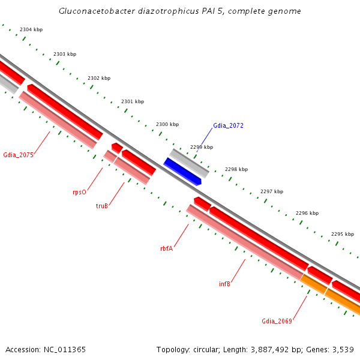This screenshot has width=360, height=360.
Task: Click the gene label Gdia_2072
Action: (x=228, y=126)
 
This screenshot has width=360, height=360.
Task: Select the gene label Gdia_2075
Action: (x=18, y=155)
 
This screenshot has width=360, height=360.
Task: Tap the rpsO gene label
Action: (x=79, y=192)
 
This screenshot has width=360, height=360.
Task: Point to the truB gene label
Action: (x=102, y=206)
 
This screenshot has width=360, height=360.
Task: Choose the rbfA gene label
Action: (x=166, y=248)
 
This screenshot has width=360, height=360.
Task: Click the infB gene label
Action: (x=224, y=284)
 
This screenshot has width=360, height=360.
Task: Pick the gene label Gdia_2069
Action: (x=277, y=321)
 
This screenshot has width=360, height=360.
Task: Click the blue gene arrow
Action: (x=182, y=172)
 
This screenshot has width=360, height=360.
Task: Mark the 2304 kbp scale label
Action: (x=31, y=29)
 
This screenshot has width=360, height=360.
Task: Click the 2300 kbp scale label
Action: (x=167, y=124)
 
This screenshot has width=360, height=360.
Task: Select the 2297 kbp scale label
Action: (x=272, y=191)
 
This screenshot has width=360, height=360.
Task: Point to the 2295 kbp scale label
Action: (x=343, y=234)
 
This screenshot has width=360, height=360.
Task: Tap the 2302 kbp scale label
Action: (x=99, y=78)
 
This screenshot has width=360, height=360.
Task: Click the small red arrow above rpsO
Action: (x=117, y=147)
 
